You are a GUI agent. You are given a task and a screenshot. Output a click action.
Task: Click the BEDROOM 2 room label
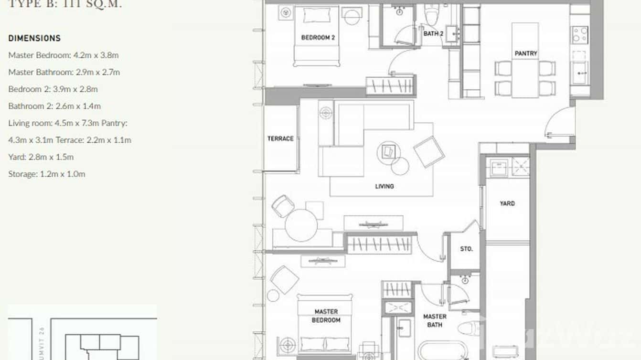pos(316,38)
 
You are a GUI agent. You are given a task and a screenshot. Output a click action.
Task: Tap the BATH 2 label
pos(433,34)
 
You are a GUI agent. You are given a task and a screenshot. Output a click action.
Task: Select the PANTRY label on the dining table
pos(526,54)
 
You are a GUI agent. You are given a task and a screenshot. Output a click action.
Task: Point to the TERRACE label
pos(280,138)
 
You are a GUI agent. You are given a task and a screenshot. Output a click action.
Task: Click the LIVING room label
pos(384,186)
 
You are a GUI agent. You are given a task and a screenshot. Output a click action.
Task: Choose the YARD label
pos(507,203)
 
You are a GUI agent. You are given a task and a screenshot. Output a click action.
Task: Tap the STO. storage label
pos(466,249)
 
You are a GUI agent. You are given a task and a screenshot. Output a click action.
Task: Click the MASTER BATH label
pos(435,320)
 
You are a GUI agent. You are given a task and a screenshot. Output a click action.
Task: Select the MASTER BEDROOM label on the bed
pos(326,316)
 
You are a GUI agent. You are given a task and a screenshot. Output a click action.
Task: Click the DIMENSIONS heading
pos(34,38)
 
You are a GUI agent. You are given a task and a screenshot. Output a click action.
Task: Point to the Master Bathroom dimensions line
pos(64,72)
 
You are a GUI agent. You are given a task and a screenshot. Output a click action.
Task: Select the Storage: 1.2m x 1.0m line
pos(47,174)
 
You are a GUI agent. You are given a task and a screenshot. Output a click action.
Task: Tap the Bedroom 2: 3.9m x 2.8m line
pos(53,89)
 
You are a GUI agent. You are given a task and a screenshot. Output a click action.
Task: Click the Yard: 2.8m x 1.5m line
pos(41,157)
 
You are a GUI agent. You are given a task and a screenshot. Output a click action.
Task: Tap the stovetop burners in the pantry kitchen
pos(580,34)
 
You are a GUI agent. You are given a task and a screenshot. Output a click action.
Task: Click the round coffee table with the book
pos(387,152)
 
